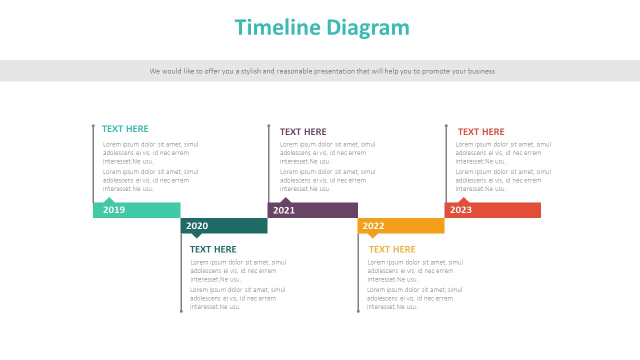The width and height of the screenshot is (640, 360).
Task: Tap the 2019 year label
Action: [114, 210]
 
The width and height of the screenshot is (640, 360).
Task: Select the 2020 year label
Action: [197, 226]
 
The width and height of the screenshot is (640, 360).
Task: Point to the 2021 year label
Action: [284, 210]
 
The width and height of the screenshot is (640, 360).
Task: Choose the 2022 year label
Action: [373, 226]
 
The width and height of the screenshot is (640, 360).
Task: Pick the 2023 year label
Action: [461, 210]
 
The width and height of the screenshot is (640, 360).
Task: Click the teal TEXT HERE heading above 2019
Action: [125, 129]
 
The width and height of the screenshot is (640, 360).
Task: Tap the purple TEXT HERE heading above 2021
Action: [303, 132]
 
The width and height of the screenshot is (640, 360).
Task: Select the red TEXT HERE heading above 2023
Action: [481, 132]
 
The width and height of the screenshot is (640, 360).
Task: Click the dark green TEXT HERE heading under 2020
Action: [213, 249]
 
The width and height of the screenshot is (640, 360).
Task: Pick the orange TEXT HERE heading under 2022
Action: [392, 249]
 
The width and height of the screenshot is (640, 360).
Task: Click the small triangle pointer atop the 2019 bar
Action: [109, 200]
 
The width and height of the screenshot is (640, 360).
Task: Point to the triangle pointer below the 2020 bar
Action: [197, 235]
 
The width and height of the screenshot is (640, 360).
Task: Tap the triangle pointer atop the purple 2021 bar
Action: [285, 200]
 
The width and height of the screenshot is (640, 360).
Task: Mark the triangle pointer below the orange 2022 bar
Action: [372, 235]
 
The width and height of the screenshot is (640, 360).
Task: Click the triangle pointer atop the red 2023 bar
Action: [464, 200]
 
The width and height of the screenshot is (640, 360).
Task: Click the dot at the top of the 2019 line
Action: [93, 126]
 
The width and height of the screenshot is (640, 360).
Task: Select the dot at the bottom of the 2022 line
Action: [358, 311]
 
